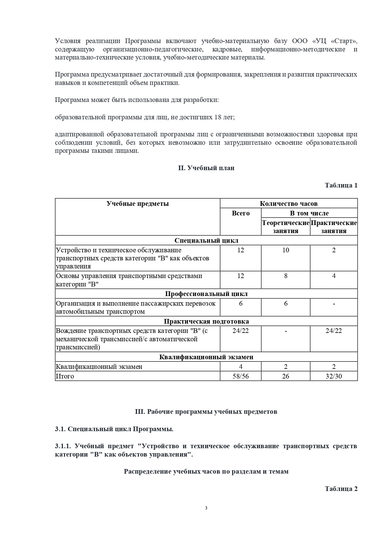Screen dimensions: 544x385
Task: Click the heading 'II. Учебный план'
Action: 206,168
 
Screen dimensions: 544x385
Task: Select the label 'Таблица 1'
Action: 341,185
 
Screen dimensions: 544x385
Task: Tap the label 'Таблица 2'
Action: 341,489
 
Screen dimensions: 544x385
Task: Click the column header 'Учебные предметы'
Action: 138,204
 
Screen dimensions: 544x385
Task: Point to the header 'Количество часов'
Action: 288,204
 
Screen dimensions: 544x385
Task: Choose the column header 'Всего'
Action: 241,213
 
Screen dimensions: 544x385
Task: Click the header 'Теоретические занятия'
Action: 286,227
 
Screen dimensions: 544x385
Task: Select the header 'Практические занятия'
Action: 334,227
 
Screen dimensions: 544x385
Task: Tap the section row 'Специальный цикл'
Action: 206,241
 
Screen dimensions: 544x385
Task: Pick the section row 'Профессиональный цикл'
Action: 206,294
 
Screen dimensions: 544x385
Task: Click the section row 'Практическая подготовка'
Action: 206,321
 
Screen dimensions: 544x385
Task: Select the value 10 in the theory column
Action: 286,250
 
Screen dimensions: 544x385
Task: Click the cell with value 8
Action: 286,276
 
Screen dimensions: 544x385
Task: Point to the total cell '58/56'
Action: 241,376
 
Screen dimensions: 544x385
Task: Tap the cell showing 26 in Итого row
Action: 286,376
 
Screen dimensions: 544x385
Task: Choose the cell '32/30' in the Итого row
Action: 334,376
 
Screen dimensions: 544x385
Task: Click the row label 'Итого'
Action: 65,376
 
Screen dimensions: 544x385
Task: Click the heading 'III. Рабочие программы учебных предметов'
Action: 206,412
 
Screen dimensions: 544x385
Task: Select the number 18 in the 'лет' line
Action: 218,117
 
